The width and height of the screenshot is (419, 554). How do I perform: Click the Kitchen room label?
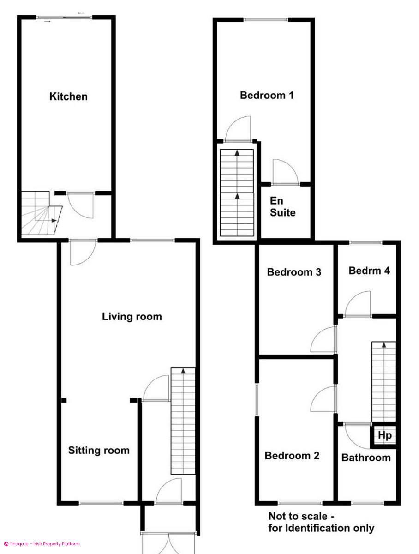pyautogui.click(x=68, y=96)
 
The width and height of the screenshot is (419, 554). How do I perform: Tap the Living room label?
pyautogui.click(x=132, y=317)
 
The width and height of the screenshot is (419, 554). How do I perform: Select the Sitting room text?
pyautogui.click(x=99, y=450)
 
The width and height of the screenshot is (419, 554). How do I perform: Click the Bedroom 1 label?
pyautogui.click(x=267, y=96)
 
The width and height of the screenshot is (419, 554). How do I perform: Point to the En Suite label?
pyautogui.click(x=282, y=207)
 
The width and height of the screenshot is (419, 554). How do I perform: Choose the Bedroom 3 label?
pyautogui.click(x=294, y=272)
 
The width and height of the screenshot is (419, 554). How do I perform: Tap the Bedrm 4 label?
pyautogui.click(x=369, y=271)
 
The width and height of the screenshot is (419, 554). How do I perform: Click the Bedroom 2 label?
pyautogui.click(x=292, y=456)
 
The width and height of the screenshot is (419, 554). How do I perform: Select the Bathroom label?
pyautogui.click(x=366, y=458)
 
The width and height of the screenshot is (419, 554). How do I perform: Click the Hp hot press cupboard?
pyautogui.click(x=384, y=435)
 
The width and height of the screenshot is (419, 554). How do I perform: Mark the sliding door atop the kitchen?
pyautogui.click(x=65, y=18)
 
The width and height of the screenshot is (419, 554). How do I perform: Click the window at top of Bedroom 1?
pyautogui.click(x=266, y=19)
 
